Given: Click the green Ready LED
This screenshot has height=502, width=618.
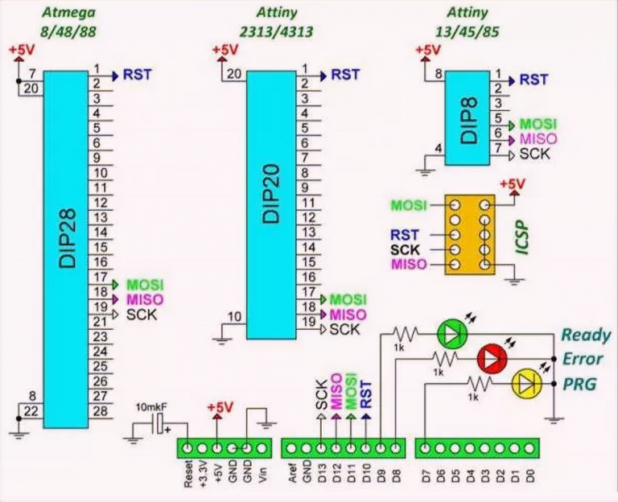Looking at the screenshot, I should (451, 331).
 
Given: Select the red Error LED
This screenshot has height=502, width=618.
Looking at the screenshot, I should (491, 356).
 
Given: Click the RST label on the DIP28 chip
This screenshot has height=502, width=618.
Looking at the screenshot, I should (137, 75).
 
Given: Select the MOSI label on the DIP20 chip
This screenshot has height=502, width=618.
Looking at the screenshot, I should (348, 299).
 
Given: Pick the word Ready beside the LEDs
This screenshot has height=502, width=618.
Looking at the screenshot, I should (585, 335).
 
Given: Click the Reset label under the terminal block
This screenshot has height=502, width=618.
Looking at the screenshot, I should (187, 478).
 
